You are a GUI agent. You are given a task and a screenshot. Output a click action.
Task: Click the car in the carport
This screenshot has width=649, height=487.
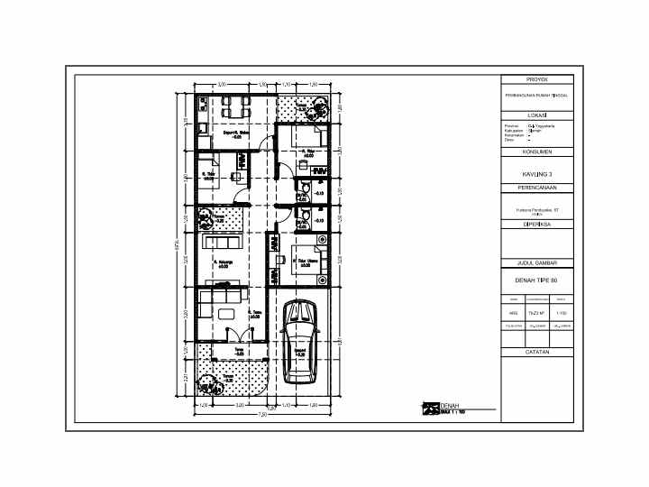(298, 341)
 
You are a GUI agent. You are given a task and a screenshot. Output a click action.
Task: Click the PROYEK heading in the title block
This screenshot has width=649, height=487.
(537, 79)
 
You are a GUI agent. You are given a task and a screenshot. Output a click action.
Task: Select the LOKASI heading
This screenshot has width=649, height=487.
(537, 115)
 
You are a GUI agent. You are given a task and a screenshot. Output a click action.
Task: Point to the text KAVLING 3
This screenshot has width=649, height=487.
(537, 173)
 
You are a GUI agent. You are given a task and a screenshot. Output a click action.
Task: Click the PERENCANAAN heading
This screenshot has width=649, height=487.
(537, 188)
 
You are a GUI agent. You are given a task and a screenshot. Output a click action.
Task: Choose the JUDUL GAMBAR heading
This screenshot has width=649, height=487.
(537, 263)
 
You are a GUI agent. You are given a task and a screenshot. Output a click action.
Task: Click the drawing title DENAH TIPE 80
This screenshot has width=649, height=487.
(537, 280)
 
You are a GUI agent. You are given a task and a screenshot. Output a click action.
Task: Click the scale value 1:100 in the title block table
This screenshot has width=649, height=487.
(561, 313)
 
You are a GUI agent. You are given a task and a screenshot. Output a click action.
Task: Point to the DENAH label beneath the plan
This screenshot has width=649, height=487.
(451, 406)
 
